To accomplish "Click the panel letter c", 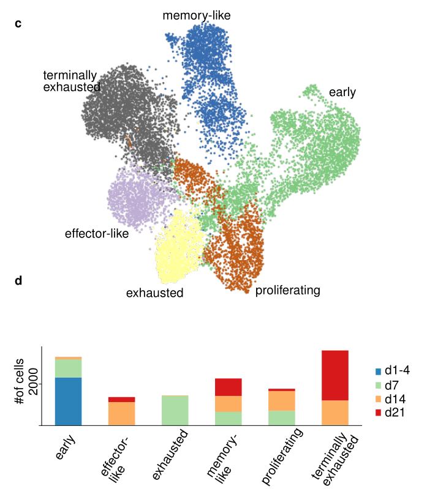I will (x=18, y=24).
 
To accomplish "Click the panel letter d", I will (x=18, y=281).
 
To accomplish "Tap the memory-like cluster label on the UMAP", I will (x=196, y=15).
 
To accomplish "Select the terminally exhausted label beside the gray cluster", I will (x=71, y=81).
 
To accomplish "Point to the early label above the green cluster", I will (x=342, y=92).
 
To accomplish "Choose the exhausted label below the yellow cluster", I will (x=154, y=293).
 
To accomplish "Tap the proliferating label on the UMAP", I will (x=287, y=290).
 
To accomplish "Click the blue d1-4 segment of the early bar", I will (x=68, y=401).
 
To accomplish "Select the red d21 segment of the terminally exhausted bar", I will (x=335, y=375).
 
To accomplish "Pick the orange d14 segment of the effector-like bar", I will (x=121, y=413).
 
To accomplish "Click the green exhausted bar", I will (x=175, y=410).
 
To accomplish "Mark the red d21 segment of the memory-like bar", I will (x=228, y=387).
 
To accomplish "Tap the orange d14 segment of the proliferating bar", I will (x=281, y=400).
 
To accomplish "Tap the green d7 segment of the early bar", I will (x=68, y=368).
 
